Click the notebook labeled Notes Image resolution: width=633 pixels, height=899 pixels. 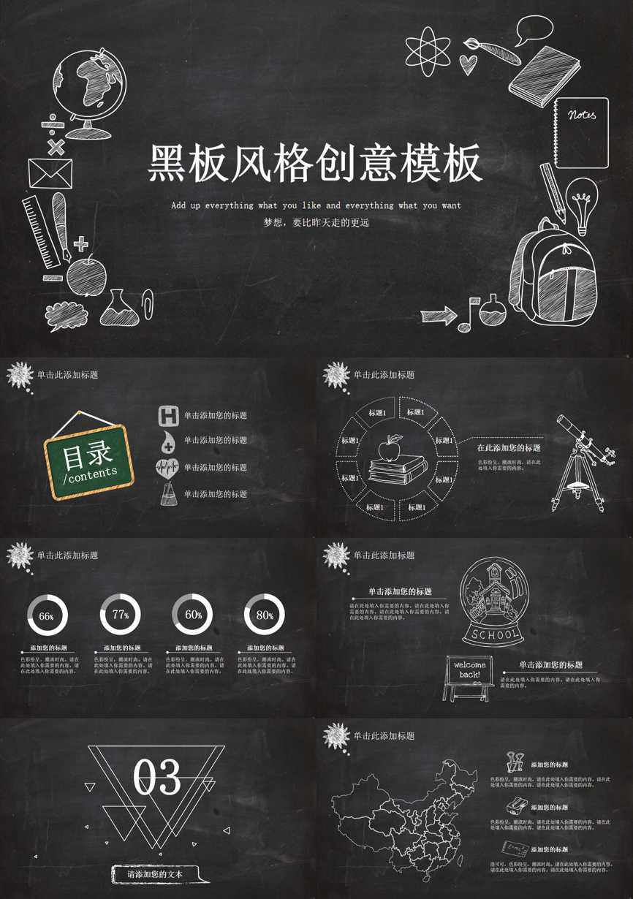[581, 132]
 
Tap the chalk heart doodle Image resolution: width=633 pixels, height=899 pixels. [469, 64]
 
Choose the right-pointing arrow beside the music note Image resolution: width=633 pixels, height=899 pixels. [438, 316]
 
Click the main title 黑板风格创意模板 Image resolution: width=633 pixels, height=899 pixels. [316, 162]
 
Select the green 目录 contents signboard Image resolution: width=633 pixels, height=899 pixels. [88, 461]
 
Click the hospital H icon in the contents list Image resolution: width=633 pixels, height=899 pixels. [169, 416]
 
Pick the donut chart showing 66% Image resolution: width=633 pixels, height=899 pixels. [47, 615]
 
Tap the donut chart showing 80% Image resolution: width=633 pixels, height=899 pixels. [264, 615]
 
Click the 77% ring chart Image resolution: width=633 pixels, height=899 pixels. [121, 615]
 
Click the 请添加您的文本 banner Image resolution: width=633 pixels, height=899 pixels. [155, 873]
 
